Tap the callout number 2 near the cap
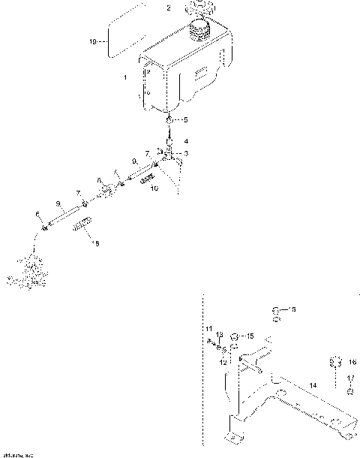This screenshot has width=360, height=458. (168, 8)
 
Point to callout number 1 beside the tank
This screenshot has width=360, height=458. (125, 78)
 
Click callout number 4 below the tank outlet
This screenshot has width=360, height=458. (186, 140)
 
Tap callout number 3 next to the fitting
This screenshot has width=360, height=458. (185, 153)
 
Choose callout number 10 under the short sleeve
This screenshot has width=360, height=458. (154, 188)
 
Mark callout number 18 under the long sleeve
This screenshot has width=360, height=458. (94, 243)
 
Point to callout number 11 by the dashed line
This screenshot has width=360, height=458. (210, 329)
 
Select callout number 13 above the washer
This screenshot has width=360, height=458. (220, 334)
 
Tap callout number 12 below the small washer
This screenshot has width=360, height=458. (223, 362)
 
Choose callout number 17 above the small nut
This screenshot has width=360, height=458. (352, 378)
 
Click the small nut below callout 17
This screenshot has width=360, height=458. (349, 391)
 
